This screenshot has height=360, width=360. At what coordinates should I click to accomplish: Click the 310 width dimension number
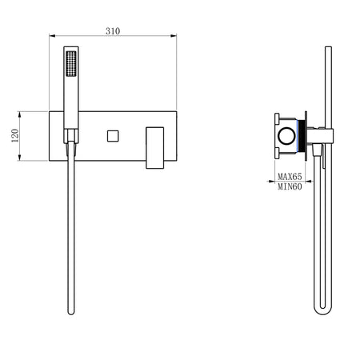pos(112,30)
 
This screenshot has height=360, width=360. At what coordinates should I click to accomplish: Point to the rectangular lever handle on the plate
pos(154,146)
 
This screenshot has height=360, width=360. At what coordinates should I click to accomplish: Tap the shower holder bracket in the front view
pos(72,136)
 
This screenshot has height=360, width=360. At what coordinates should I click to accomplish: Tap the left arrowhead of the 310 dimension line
pos(52,36)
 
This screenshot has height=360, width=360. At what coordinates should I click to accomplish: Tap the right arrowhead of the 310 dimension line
pos(174,36)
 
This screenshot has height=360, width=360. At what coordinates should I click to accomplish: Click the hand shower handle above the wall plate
pos(70,96)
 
